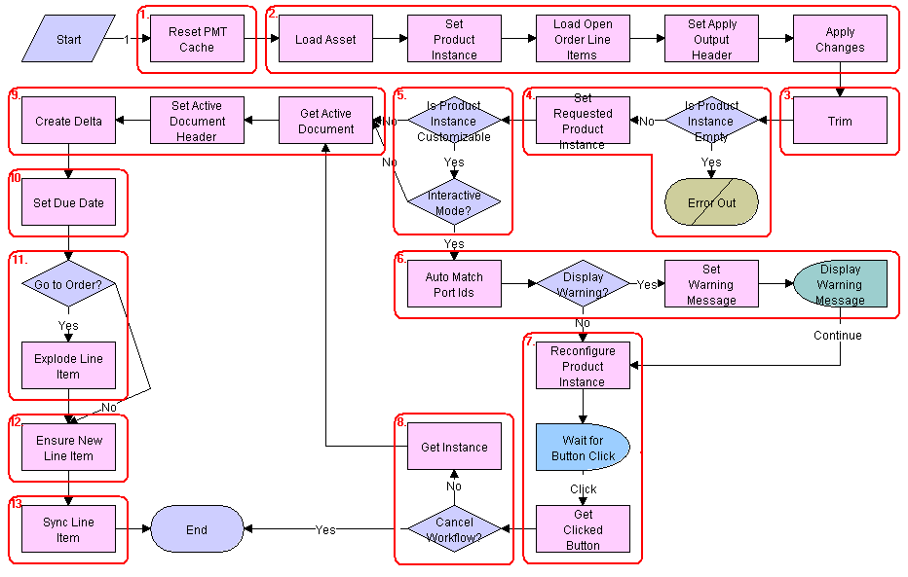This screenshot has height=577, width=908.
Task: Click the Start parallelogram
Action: point(69,40)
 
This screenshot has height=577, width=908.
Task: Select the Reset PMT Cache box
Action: point(197,40)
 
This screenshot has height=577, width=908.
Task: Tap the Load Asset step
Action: point(325,40)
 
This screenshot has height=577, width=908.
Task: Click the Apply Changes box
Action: point(840,40)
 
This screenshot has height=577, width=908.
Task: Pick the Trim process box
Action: point(840,122)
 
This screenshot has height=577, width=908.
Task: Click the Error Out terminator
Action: point(711,203)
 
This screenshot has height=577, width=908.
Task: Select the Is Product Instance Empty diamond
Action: point(711,122)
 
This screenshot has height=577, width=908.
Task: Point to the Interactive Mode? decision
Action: point(454,203)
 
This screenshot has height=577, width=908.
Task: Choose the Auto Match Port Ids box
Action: point(454,285)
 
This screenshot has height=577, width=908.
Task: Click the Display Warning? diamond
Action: point(583,285)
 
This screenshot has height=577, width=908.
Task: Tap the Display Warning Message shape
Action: point(840,285)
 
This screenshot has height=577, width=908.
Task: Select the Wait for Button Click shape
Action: point(583,448)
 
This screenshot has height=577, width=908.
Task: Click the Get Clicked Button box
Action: point(583,529)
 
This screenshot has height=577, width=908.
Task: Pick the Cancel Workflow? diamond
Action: point(454,529)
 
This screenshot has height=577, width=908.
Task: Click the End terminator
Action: point(197,529)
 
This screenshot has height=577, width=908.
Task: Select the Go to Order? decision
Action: point(68,285)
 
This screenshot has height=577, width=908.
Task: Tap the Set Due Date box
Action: point(68,203)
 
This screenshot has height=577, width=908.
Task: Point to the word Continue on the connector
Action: point(838,336)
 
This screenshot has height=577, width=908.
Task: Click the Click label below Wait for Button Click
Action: point(583,489)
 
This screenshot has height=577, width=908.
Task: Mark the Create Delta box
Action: point(68,122)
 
